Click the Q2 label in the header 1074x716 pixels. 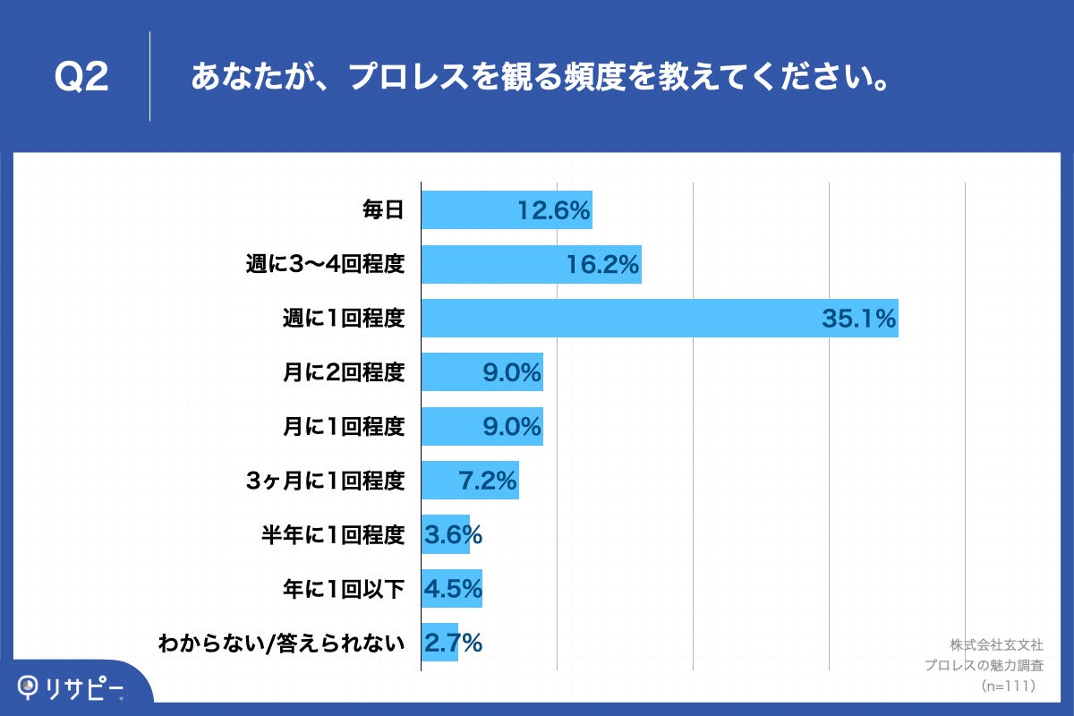click(x=81, y=78)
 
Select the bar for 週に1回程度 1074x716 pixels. click(x=659, y=319)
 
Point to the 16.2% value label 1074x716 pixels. click(x=602, y=265)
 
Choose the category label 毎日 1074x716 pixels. click(x=383, y=211)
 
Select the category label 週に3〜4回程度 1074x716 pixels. click(x=325, y=265)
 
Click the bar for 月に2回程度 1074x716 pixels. click(x=482, y=372)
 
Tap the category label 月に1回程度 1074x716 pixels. click(x=344, y=427)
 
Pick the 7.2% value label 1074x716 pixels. click(x=488, y=481)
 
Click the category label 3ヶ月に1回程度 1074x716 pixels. click(x=325, y=481)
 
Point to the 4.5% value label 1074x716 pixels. click(x=453, y=588)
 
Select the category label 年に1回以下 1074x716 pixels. click(x=344, y=588)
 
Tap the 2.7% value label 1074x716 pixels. click(x=453, y=643)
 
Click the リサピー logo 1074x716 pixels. click(x=72, y=687)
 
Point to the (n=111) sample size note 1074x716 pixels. click(x=1009, y=686)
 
